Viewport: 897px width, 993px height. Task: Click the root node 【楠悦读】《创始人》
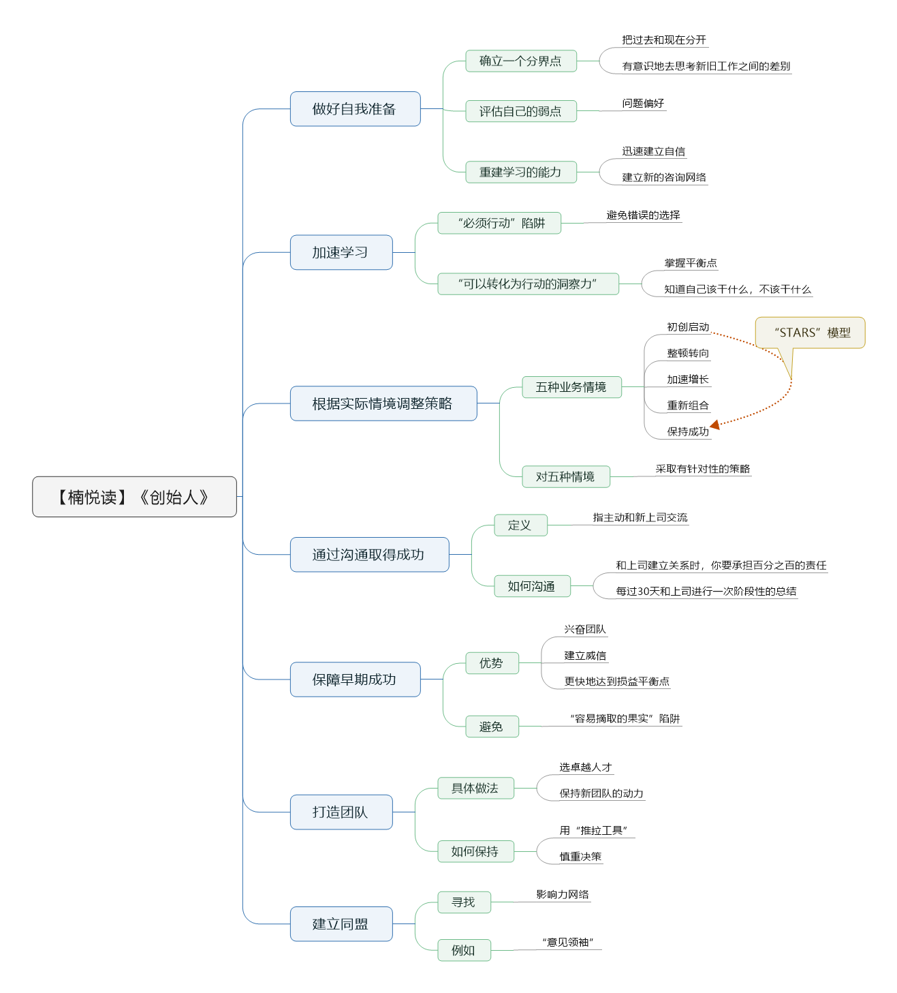coord(134,496)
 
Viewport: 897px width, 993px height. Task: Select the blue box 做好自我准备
coord(356,109)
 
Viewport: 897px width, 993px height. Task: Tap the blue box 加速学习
coord(341,252)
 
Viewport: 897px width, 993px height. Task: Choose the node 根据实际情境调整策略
coord(383,403)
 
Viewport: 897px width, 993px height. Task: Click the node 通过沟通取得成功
coord(370,554)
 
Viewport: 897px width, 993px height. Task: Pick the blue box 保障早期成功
coord(356,679)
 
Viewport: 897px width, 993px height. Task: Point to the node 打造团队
coord(341,812)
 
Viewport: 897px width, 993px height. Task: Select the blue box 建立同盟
coord(341,923)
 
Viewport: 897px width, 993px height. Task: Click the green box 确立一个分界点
coord(521,61)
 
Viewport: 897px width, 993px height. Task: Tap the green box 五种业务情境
coord(571,386)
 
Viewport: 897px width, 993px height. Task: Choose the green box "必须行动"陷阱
coord(499,223)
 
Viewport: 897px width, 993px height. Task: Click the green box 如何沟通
coord(532,586)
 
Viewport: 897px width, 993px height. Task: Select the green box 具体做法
coord(475,788)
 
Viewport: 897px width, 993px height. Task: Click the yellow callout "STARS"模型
coord(810,333)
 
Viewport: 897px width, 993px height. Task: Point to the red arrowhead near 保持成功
coord(715,425)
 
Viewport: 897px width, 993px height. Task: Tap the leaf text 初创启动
coord(688,326)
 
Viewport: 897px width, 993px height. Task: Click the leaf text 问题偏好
coord(643,103)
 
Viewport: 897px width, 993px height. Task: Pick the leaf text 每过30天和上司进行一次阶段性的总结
coord(706,591)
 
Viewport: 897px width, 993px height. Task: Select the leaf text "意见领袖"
coord(567,942)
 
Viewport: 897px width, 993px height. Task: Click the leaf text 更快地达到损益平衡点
coord(616,681)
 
